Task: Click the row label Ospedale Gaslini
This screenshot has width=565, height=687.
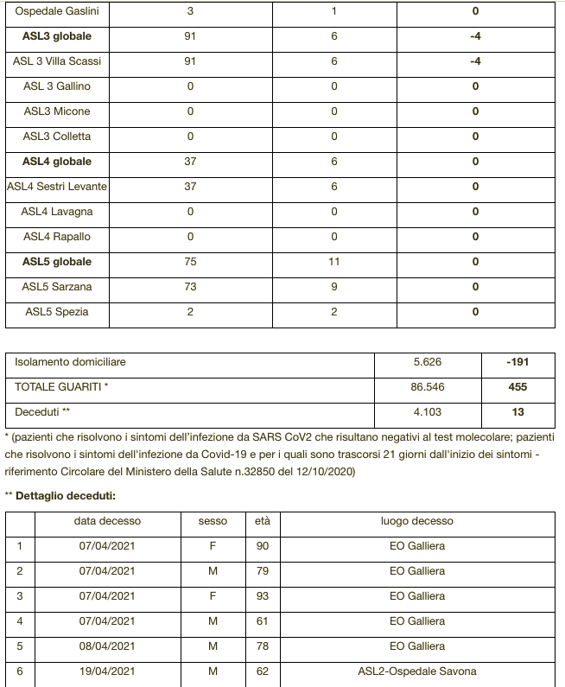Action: click(x=57, y=11)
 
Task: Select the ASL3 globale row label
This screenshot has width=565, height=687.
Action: click(x=57, y=36)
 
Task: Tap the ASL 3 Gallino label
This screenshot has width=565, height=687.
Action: click(x=57, y=86)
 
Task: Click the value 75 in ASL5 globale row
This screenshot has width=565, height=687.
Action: click(x=190, y=262)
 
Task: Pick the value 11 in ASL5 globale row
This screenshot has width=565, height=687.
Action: click(x=333, y=262)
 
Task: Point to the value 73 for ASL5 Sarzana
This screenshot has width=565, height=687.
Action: click(x=190, y=287)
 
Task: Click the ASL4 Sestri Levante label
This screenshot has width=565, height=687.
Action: click(x=57, y=187)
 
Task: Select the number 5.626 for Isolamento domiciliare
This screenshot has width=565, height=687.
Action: click(x=428, y=362)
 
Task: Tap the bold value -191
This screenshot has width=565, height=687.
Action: click(x=517, y=362)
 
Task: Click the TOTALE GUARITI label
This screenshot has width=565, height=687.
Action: click(x=61, y=387)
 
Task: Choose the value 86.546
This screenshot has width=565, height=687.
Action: click(x=428, y=387)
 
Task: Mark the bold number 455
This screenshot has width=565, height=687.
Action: click(x=517, y=387)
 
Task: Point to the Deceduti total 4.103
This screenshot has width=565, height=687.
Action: click(x=428, y=412)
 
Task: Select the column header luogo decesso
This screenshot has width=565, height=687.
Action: click(x=416, y=521)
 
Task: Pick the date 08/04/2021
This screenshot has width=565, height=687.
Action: click(x=107, y=646)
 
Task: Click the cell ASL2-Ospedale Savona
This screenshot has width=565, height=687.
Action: click(x=416, y=671)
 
